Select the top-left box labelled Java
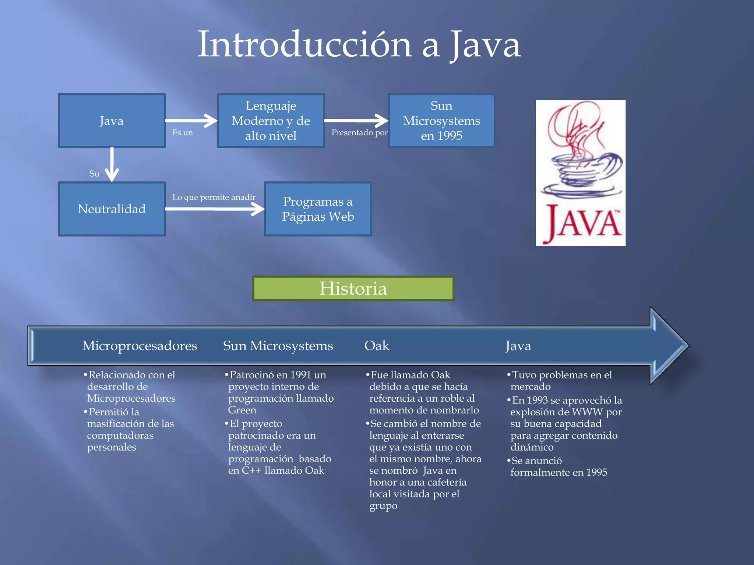(x=112, y=121)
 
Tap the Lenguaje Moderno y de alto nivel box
(x=271, y=121)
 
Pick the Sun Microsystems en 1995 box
(x=441, y=121)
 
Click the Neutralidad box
(x=112, y=209)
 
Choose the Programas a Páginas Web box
(x=318, y=209)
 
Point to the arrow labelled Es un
(x=191, y=121)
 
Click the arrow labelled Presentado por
(x=356, y=121)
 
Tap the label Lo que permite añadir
(x=214, y=197)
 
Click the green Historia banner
(x=353, y=288)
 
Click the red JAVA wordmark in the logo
(x=584, y=223)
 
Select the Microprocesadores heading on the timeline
(x=140, y=346)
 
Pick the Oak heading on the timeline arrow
(x=377, y=346)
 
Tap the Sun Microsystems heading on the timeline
(x=278, y=346)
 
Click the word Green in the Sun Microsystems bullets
(x=242, y=410)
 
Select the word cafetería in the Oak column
(x=444, y=482)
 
